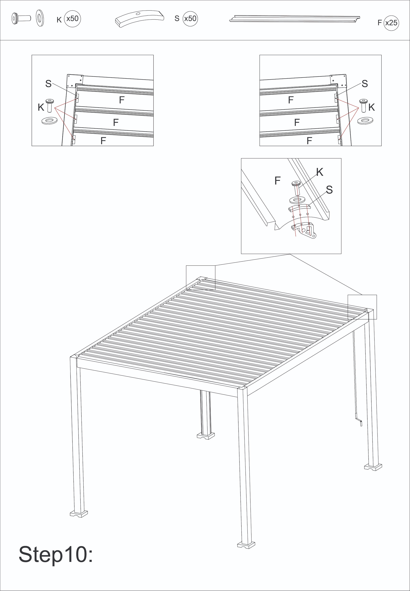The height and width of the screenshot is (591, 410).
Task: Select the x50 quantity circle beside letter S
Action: (x=190, y=18)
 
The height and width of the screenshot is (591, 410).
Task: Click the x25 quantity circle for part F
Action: (x=391, y=23)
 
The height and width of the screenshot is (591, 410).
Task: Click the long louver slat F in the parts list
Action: (x=295, y=18)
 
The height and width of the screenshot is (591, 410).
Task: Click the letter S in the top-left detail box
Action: (x=48, y=84)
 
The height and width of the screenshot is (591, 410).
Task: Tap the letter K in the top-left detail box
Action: (x=41, y=107)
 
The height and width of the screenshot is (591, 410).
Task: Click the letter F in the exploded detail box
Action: (x=277, y=181)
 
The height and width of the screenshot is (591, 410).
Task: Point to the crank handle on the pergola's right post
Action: (x=358, y=419)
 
